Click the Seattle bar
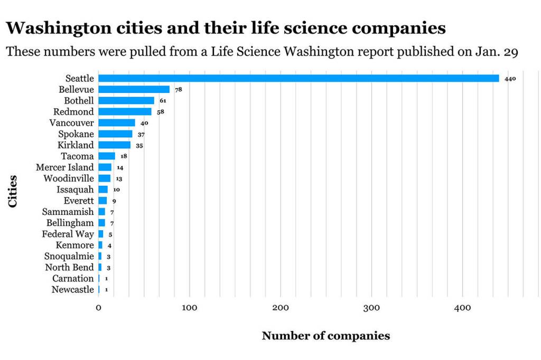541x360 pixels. click(299, 79)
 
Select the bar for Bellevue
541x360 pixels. click(134, 90)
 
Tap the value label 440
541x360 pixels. click(510, 79)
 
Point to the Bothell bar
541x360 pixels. click(126, 101)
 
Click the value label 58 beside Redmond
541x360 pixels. click(161, 112)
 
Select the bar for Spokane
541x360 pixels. click(115, 134)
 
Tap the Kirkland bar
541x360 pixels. click(114, 145)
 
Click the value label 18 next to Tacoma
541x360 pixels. click(124, 157)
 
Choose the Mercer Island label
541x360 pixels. click(64, 167)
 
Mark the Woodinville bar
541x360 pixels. click(104, 178)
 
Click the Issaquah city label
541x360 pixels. click(75, 190)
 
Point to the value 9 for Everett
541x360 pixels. click(114, 201)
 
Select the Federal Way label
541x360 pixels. click(68, 234)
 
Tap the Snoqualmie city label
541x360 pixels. click(69, 256)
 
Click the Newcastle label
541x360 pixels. click(72, 289)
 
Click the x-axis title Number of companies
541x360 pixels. click(325, 336)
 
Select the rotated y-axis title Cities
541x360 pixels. click(13, 192)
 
